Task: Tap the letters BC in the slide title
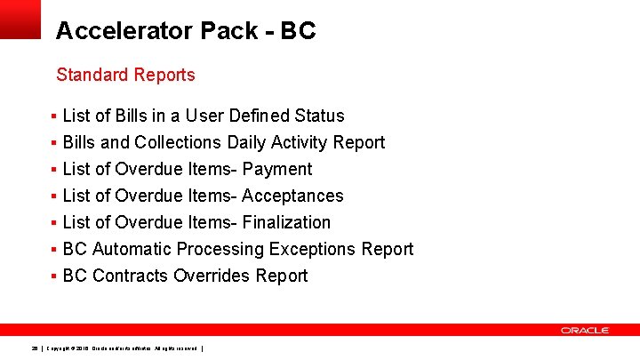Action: coord(298,31)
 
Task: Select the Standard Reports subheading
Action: coord(125,75)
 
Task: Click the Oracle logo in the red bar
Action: coord(585,330)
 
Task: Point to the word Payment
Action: coord(277,169)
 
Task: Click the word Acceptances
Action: coord(292,196)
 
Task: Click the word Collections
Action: coord(178,142)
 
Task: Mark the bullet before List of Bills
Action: coord(54,116)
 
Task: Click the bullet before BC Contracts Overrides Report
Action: coord(54,276)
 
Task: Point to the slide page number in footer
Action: coord(35,348)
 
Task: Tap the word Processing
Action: coord(222,249)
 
